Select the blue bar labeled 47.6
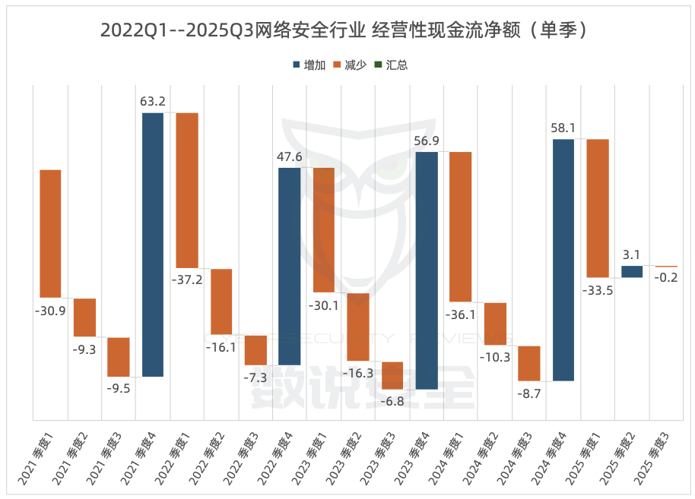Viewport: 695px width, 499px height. pos(289,266)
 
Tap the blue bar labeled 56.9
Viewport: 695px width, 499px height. pos(426,270)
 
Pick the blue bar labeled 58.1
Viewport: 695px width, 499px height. pos(563,260)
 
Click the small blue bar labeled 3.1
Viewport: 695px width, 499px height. pos(631,271)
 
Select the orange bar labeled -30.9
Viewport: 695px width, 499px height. pos(50,233)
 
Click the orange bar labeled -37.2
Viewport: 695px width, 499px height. pos(187,191)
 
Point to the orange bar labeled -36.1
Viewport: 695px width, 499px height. pos(460,227)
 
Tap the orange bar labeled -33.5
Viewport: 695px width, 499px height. pos(597,208)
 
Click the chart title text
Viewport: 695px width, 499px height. pos(347,30)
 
